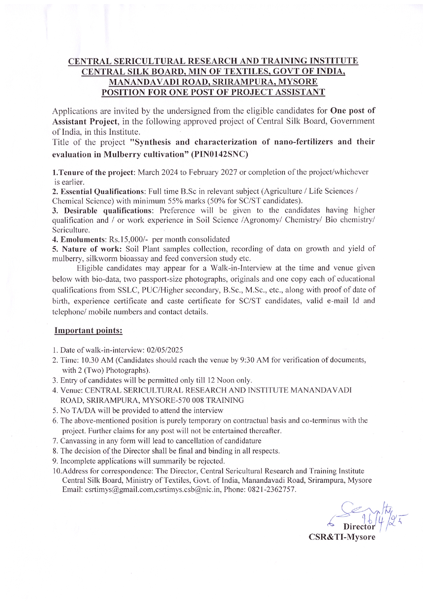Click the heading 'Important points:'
pos(88,331)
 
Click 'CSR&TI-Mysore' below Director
pos(342,537)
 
